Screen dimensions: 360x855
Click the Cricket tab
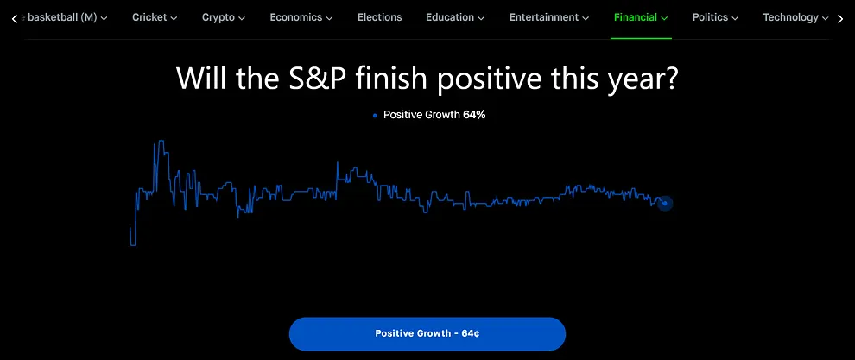tap(155, 17)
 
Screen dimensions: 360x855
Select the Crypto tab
tap(223, 17)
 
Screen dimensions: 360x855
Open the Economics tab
tap(301, 17)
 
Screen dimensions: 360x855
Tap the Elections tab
tap(379, 17)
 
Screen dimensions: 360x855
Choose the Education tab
tap(454, 17)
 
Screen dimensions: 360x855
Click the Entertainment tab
tap(549, 17)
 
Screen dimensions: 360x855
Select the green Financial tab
tap(640, 17)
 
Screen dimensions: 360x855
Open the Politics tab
tap(715, 17)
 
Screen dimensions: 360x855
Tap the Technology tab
tap(795, 17)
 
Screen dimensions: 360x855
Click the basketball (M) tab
tap(67, 17)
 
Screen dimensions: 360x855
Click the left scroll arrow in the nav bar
tap(14, 18)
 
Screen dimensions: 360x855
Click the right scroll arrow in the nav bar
tap(840, 18)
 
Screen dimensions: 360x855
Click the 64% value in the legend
tap(474, 115)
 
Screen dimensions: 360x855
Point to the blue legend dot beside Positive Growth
tap(375, 116)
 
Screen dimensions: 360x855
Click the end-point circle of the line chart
tap(665, 203)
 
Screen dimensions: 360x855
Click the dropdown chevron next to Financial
tap(664, 18)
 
